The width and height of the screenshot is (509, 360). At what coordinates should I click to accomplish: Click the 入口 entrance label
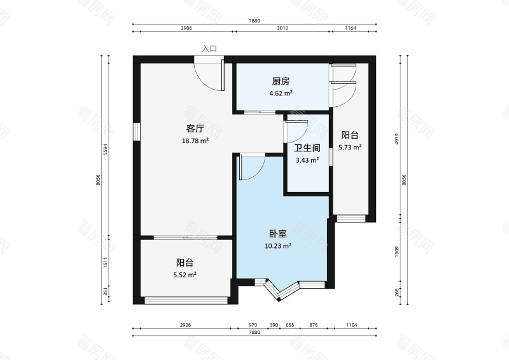209,48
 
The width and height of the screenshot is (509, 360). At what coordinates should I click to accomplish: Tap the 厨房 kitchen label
281,81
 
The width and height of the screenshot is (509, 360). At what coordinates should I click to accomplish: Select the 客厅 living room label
195,128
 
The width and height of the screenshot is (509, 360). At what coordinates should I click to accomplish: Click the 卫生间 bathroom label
307,148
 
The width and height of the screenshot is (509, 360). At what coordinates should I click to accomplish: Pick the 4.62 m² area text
281,93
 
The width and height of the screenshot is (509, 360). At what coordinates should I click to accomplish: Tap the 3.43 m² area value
307,160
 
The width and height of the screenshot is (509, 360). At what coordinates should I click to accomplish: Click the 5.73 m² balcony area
350,147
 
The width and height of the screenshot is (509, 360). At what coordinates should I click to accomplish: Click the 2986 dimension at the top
186,29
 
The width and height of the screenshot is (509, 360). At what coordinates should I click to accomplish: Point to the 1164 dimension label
351,29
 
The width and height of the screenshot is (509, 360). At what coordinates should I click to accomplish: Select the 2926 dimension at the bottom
185,325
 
